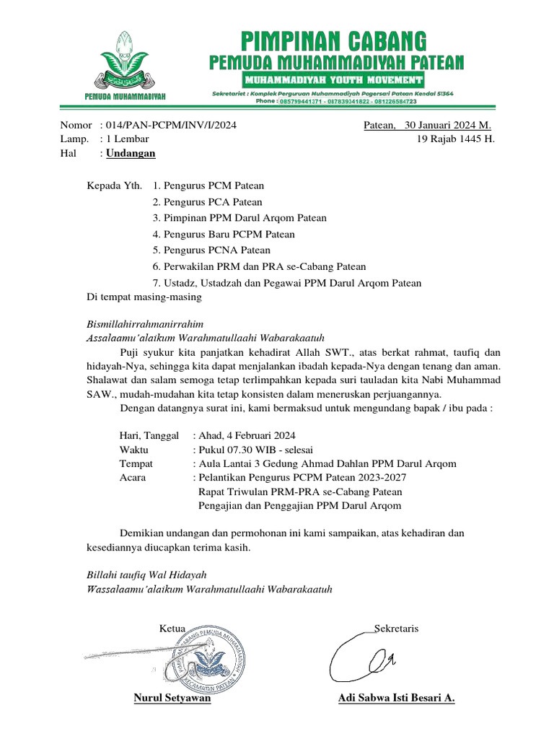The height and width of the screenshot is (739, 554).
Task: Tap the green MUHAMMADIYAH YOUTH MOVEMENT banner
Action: tap(333, 79)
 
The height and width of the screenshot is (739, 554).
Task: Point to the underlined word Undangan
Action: tap(131, 153)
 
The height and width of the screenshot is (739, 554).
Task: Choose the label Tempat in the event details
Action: tap(136, 463)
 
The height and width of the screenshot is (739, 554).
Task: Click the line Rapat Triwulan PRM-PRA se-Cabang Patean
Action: tap(299, 491)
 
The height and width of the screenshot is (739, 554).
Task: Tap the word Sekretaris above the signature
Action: tap(397, 629)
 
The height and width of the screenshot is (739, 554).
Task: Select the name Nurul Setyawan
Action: tap(172, 699)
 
